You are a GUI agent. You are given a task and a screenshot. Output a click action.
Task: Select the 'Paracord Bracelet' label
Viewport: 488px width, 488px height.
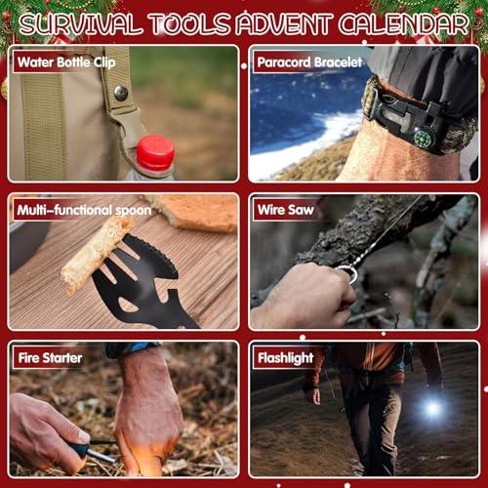[x=308, y=62]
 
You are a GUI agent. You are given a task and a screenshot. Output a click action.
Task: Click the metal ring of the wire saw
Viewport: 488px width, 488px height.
[x=347, y=273]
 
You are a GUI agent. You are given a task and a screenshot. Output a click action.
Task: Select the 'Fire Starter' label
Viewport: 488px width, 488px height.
[x=50, y=357]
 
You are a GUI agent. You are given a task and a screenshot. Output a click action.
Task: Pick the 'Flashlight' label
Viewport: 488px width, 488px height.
[x=284, y=357]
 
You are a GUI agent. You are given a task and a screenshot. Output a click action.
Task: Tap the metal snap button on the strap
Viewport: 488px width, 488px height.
[x=121, y=93]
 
